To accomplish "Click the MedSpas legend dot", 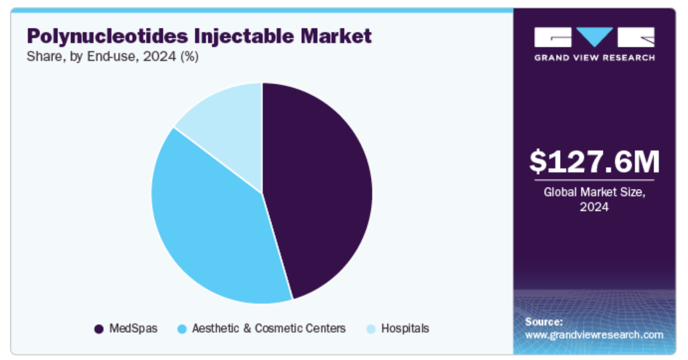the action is pyautogui.click(x=99, y=329).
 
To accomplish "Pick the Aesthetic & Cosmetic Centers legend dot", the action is pyautogui.click(x=182, y=329).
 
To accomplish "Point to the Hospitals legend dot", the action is pyautogui.click(x=372, y=329).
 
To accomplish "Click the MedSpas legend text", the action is pyautogui.click(x=133, y=328).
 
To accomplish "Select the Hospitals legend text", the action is pyautogui.click(x=405, y=328).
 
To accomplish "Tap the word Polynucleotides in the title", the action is pyautogui.click(x=108, y=36).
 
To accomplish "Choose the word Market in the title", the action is pyautogui.click(x=336, y=36).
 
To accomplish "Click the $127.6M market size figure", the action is pyautogui.click(x=594, y=162).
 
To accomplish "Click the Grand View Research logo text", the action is pyautogui.click(x=594, y=58).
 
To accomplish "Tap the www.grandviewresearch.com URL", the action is pyautogui.click(x=594, y=335).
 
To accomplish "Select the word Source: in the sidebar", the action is pyautogui.click(x=544, y=322).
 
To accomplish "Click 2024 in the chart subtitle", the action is pyautogui.click(x=159, y=56).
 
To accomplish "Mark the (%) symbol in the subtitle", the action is pyautogui.click(x=190, y=57).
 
